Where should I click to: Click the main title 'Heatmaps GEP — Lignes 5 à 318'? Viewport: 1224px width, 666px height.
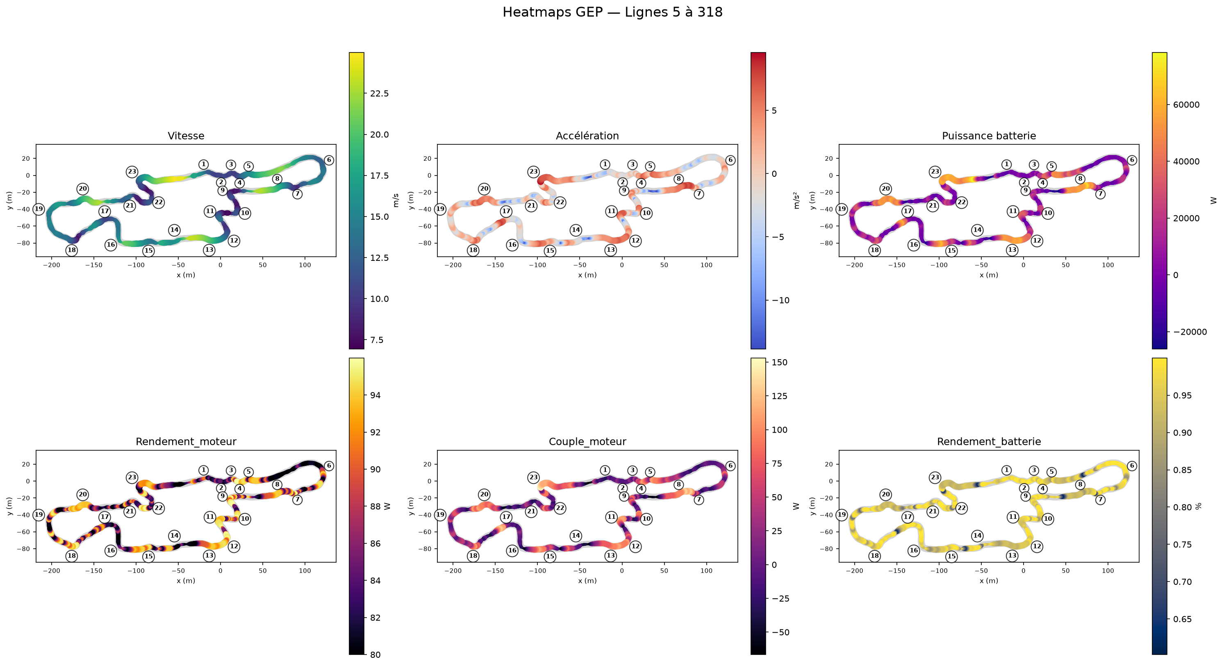click(x=612, y=12)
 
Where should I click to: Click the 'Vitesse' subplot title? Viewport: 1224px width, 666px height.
click(x=186, y=136)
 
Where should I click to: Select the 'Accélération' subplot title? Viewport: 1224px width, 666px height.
click(x=587, y=136)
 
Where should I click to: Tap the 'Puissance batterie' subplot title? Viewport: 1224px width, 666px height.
click(x=989, y=136)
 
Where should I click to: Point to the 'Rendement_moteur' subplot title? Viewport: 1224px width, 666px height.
click(x=186, y=442)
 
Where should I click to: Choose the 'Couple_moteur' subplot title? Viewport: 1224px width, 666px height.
click(x=587, y=442)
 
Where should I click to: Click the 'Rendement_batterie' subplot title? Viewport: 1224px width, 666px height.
click(x=989, y=442)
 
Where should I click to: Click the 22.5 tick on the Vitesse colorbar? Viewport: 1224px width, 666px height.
click(x=379, y=94)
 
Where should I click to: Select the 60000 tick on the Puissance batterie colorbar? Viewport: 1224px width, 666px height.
click(x=1186, y=105)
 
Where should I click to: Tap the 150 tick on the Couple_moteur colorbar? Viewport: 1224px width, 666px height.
click(x=779, y=363)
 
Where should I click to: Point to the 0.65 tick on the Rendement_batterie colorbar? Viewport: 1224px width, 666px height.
click(x=1182, y=619)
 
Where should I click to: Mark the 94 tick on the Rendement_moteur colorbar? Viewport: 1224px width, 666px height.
click(x=375, y=395)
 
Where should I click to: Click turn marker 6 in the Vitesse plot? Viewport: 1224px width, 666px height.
click(x=329, y=160)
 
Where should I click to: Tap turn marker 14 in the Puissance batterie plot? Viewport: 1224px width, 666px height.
click(x=977, y=230)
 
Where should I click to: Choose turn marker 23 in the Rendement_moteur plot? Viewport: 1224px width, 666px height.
click(x=132, y=477)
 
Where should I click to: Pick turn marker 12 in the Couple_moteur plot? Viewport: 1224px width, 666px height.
click(x=635, y=547)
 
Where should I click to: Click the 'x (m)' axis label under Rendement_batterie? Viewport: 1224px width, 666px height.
click(x=989, y=581)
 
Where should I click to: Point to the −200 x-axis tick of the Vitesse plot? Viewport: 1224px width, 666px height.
click(x=51, y=265)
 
